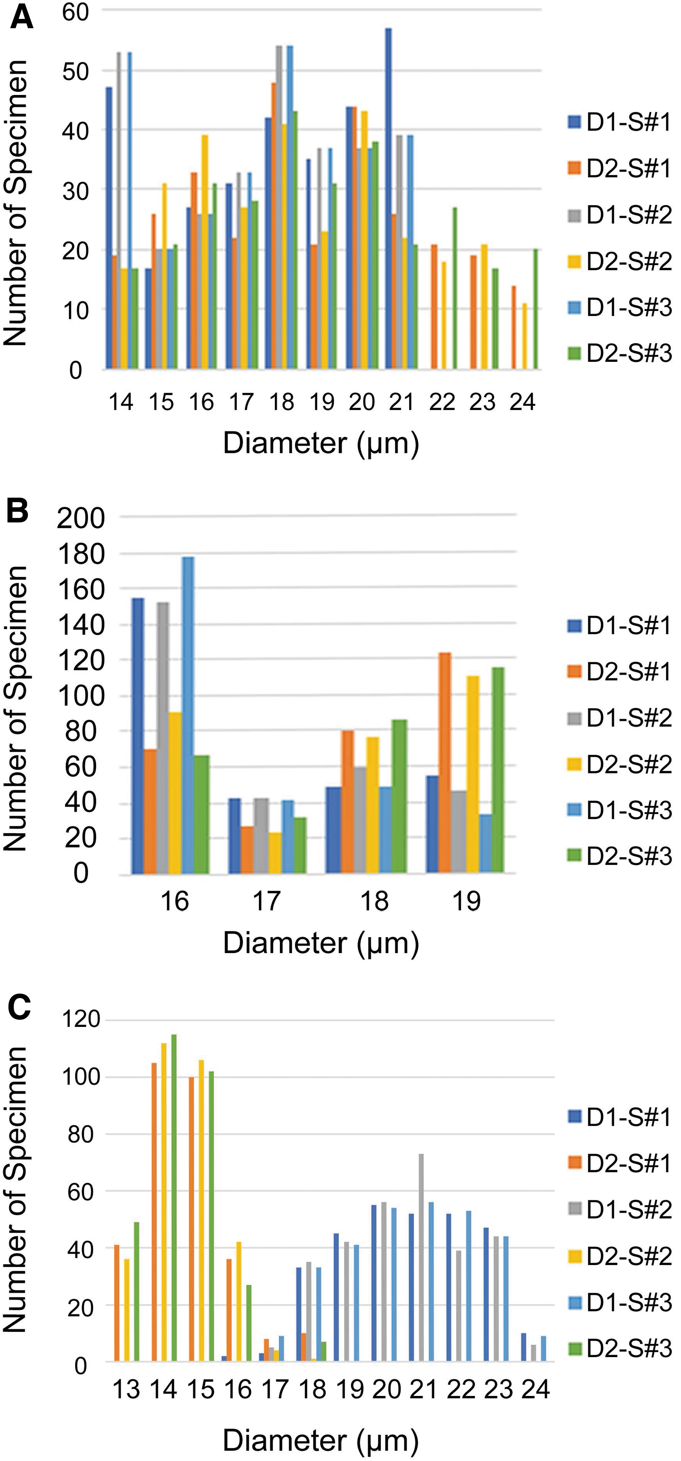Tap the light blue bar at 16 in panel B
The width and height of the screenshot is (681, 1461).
(x=188, y=715)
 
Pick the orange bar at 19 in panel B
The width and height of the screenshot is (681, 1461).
(x=445, y=763)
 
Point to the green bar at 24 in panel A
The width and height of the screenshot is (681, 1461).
(x=535, y=310)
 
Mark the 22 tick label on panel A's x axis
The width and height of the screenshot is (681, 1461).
(x=442, y=402)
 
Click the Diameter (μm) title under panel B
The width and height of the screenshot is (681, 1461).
(x=321, y=943)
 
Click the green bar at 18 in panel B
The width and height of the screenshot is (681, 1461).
(x=400, y=796)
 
